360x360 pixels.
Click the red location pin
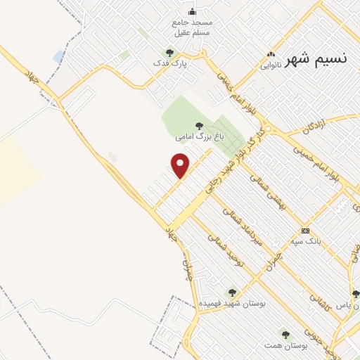point(181,165)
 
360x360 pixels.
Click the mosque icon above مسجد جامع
point(192,11)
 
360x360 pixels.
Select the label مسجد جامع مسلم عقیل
point(192,27)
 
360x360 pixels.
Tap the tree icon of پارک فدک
point(169,52)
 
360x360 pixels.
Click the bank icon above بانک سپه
point(305,231)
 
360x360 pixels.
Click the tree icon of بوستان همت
point(285,334)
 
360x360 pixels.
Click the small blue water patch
point(58,56)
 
